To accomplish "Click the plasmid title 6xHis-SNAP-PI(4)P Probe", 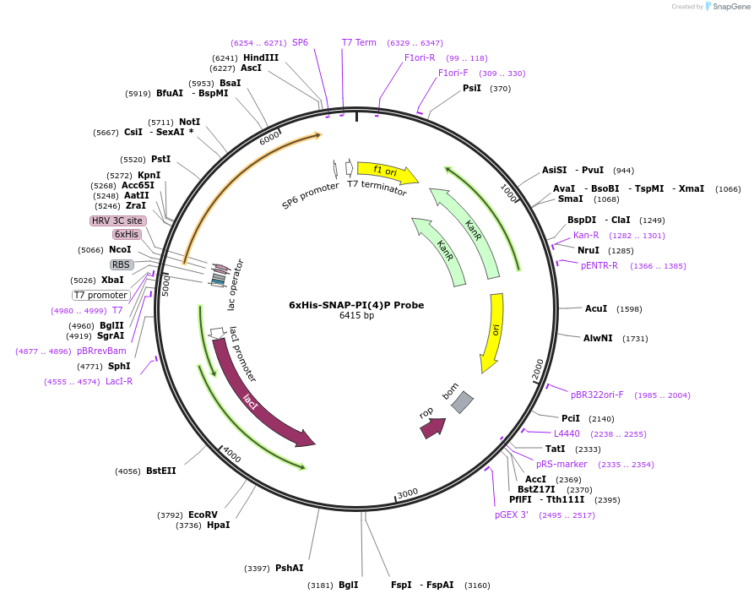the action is pos(356,305).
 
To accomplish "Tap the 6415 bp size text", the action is pos(356,316).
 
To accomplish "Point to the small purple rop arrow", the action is pos(432,427).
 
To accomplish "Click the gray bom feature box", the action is pos(462,402).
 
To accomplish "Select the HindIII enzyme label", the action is pos(261,57).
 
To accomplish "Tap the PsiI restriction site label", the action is pos(472,88).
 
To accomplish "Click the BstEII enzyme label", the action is pos(161,471).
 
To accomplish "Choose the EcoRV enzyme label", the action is pos(203,515).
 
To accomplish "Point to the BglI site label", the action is pos(348,585).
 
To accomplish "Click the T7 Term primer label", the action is pos(359,42).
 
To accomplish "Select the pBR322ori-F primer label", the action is pos(597,395).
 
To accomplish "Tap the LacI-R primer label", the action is pos(119,381).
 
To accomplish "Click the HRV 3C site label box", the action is pos(118,221).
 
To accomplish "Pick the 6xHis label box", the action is pos(127,234).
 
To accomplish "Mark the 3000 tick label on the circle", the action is pos(408,493).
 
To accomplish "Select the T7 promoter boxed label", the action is pos(100,295).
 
